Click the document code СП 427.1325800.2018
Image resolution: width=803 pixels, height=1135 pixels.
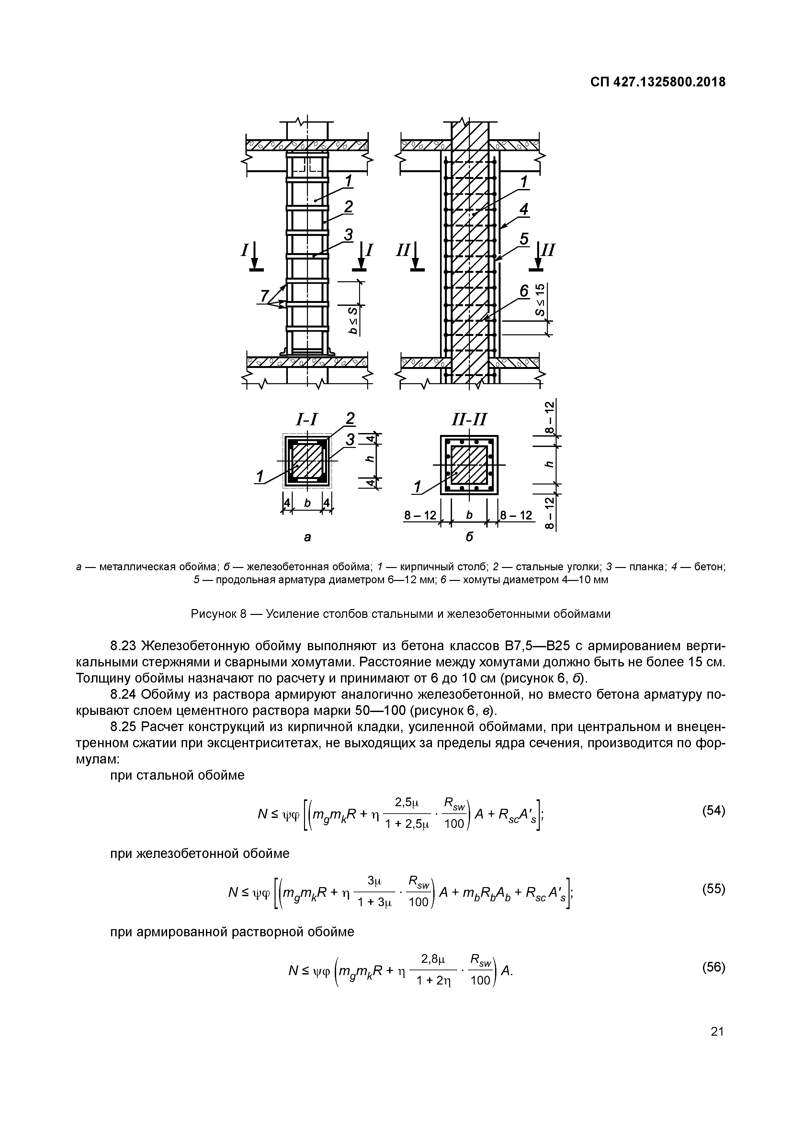click(658, 82)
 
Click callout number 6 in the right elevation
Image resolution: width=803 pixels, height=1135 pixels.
click(524, 291)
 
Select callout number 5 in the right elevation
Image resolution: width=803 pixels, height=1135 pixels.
click(524, 239)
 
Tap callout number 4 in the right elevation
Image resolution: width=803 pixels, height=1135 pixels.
click(524, 210)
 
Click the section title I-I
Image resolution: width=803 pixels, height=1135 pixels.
click(307, 420)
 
